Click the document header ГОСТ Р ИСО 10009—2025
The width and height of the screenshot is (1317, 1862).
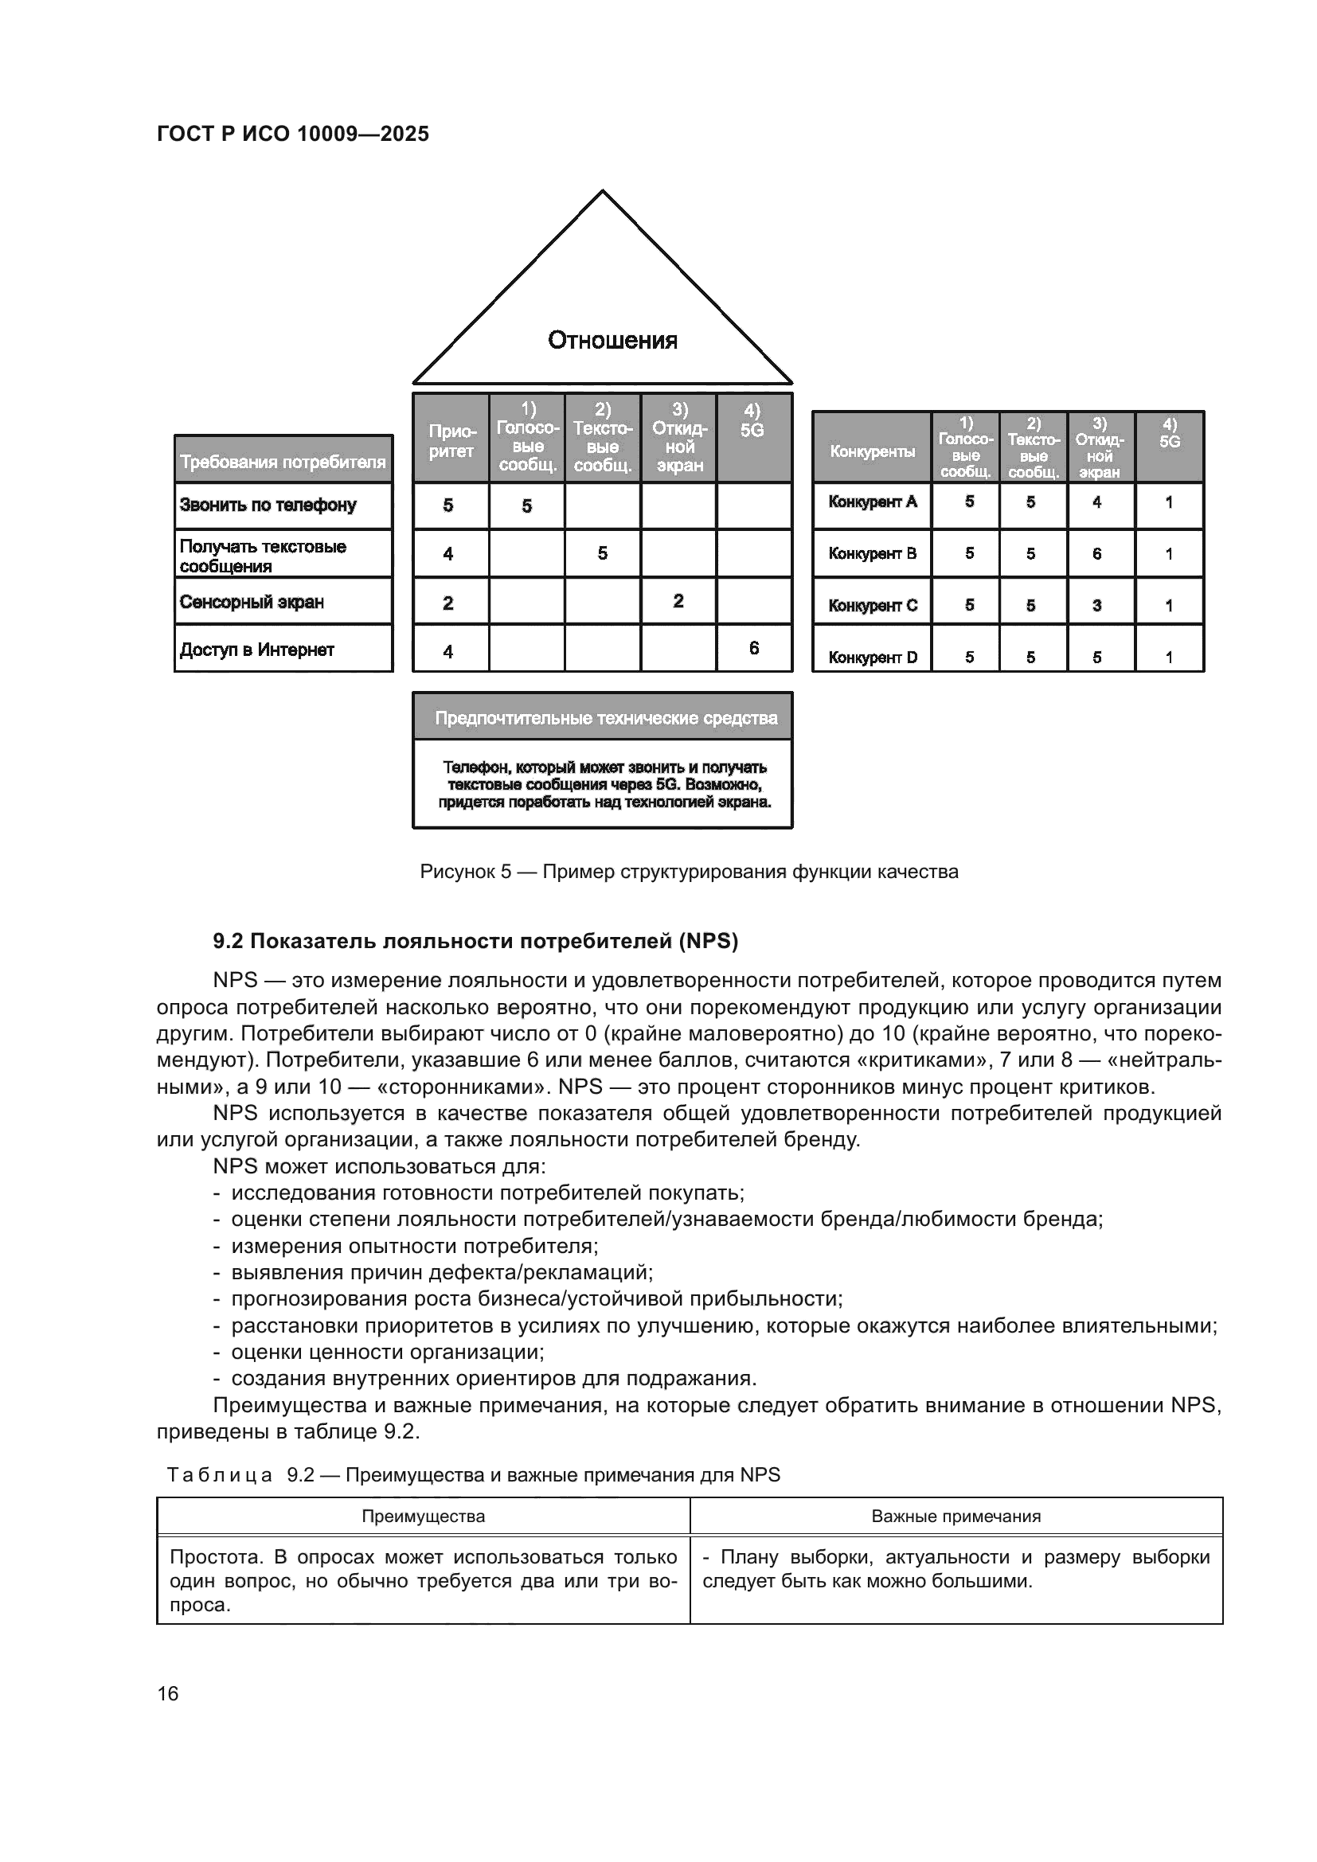(x=293, y=134)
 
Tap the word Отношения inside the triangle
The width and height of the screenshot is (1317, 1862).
(x=612, y=340)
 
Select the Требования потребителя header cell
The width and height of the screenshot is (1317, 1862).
(x=282, y=462)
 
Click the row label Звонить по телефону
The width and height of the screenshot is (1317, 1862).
(x=268, y=505)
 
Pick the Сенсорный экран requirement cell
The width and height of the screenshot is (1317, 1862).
(x=252, y=602)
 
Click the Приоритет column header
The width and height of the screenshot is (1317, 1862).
(x=450, y=440)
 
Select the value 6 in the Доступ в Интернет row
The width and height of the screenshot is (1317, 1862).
(x=754, y=647)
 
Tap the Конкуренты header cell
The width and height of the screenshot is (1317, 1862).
(x=872, y=450)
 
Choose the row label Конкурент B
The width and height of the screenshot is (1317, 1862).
(x=872, y=553)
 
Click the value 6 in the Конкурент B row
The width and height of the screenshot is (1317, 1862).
(x=1097, y=553)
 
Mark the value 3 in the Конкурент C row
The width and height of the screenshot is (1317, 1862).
(x=1097, y=605)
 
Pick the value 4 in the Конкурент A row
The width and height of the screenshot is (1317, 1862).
(x=1097, y=502)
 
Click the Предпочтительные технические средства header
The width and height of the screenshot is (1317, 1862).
(x=606, y=718)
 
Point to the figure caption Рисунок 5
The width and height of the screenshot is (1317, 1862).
(x=689, y=872)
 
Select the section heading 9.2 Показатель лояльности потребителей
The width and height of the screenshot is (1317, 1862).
(x=475, y=941)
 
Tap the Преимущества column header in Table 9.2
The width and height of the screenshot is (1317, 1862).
(x=423, y=1517)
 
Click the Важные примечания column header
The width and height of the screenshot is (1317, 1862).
(x=956, y=1517)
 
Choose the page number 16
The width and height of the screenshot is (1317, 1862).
(x=168, y=1694)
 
